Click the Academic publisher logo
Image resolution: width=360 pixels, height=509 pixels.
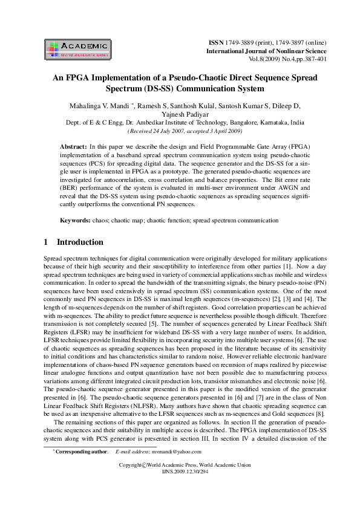click(x=77, y=49)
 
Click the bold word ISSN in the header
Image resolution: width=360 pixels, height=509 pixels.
click(x=215, y=44)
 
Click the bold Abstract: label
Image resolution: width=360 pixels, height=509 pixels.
click(x=73, y=147)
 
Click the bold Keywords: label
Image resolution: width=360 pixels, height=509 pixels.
click(x=75, y=221)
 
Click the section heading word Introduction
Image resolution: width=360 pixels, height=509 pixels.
click(x=80, y=242)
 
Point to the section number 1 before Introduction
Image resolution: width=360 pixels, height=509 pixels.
click(x=46, y=242)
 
